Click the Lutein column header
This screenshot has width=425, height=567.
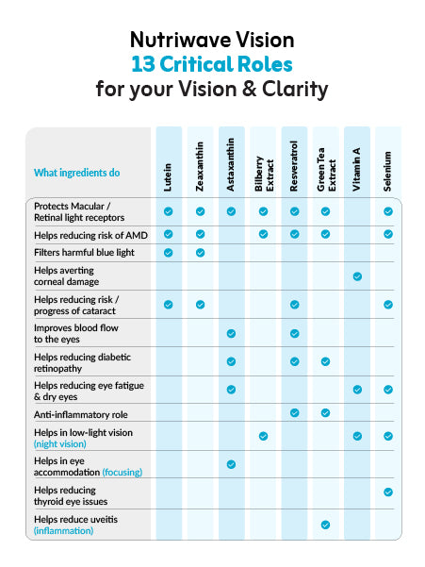pyautogui.click(x=168, y=177)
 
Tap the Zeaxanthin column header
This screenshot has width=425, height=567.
pyautogui.click(x=200, y=166)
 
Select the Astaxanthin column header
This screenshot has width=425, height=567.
pyautogui.click(x=231, y=164)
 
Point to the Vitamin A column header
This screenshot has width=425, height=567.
pyautogui.click(x=357, y=169)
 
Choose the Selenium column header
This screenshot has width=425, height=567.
pyautogui.click(x=388, y=171)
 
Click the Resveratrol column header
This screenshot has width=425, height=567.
pyautogui.click(x=294, y=166)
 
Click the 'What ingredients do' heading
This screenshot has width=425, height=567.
pyautogui.click(x=77, y=173)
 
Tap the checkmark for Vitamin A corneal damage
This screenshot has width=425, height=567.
pyautogui.click(x=357, y=276)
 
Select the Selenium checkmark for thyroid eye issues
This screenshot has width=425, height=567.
pyautogui.click(x=388, y=492)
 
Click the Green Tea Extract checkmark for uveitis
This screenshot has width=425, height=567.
pyautogui.click(x=325, y=525)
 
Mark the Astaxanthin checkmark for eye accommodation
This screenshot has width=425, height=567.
pyautogui.click(x=231, y=464)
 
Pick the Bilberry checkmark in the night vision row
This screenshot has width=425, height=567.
pyautogui.click(x=263, y=436)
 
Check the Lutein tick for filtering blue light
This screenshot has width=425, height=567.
pyautogui.click(x=169, y=253)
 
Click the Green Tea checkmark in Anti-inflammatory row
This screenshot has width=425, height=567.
pyautogui.click(x=325, y=412)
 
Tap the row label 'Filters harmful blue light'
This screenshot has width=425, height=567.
pyautogui.click(x=84, y=253)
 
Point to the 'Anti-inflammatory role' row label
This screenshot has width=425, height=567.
pyautogui.click(x=81, y=414)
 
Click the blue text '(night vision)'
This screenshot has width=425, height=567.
pyautogui.click(x=60, y=444)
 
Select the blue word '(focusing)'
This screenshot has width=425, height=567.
pyautogui.click(x=123, y=473)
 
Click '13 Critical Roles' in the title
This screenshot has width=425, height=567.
pyautogui.click(x=212, y=64)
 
